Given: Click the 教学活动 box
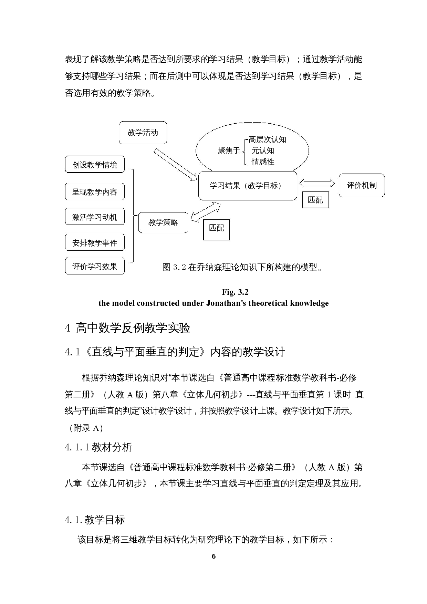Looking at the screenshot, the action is click(143, 133).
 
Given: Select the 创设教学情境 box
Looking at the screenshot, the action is click(94, 165).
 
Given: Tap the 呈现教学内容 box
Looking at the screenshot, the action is click(94, 192).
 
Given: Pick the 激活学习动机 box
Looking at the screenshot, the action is click(94, 217).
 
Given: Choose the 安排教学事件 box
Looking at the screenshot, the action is click(94, 243).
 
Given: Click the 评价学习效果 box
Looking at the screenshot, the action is click(94, 266).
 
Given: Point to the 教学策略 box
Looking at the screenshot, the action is click(163, 222).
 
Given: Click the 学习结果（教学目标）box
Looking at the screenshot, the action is click(247, 186).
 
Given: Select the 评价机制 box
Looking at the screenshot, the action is click(362, 185).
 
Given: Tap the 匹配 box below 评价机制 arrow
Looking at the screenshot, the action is click(315, 200).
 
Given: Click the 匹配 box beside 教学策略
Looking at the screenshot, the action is click(217, 228).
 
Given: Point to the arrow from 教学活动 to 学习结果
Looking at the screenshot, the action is click(175, 165).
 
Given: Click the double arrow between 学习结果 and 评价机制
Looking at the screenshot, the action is click(317, 183).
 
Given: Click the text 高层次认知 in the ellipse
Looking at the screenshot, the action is click(267, 139).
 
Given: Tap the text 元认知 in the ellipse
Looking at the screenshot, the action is click(263, 150).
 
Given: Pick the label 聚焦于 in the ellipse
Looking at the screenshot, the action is click(228, 150).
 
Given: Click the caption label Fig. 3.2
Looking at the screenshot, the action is click(235, 292).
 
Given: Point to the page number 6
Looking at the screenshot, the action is click(213, 556).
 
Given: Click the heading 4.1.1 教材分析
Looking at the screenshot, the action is click(98, 447).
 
